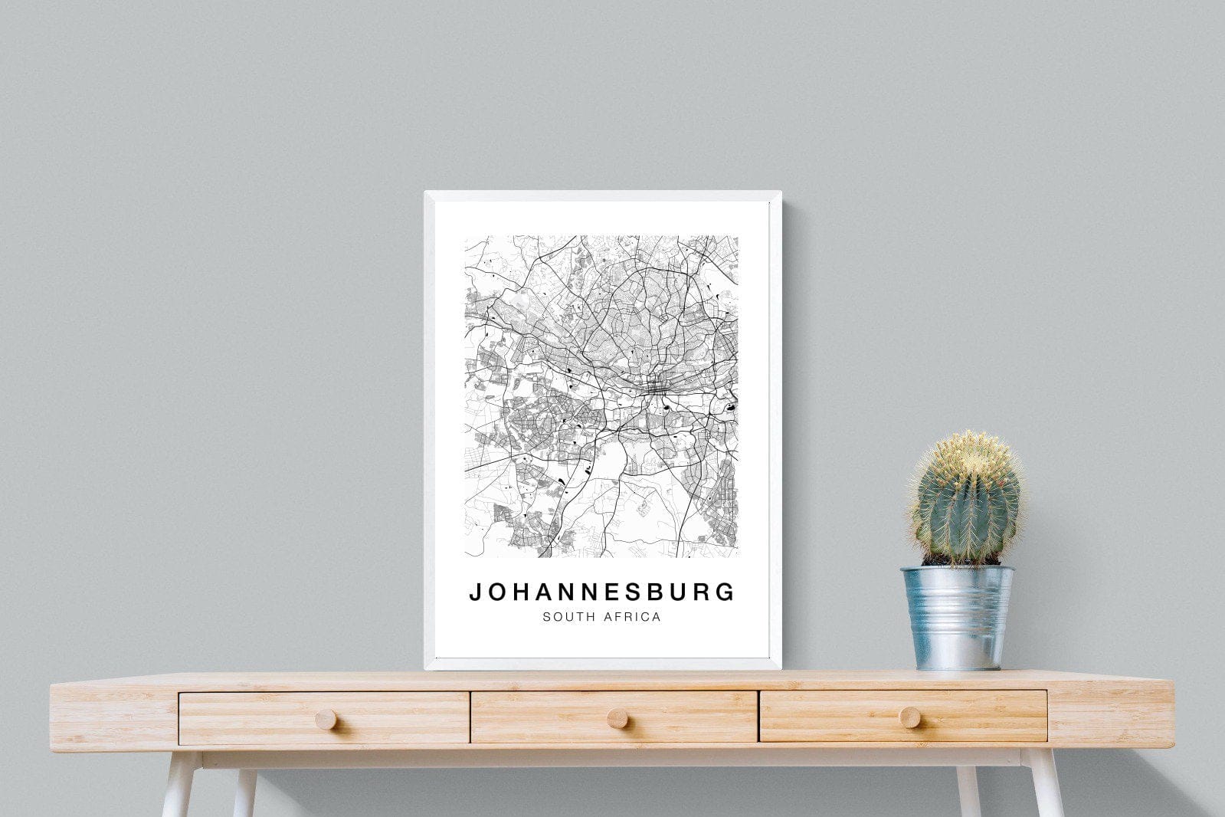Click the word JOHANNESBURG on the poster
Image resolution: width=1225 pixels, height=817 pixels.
click(x=602, y=592)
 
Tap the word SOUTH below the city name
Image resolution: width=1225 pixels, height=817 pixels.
click(x=566, y=616)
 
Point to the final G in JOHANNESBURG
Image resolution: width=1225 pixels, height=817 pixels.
click(x=726, y=592)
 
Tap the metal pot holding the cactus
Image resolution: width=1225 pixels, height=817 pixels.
click(x=958, y=617)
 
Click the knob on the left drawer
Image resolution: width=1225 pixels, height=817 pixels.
click(x=326, y=719)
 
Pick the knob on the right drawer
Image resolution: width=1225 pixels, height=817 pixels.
click(x=909, y=717)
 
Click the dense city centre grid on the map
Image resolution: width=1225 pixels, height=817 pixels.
click(x=656, y=388)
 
